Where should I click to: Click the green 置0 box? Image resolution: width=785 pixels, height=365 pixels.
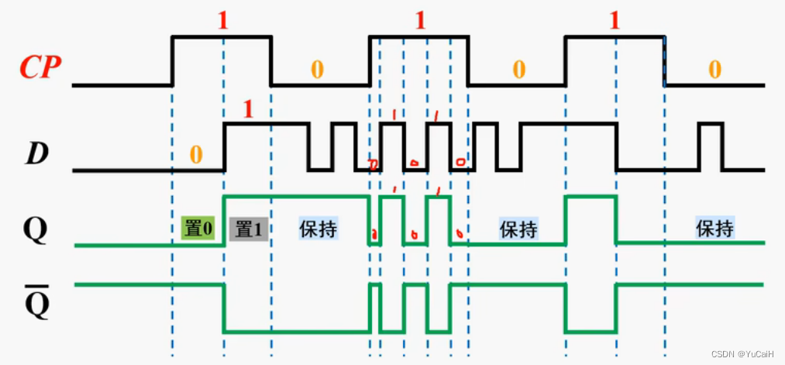tap(198, 229)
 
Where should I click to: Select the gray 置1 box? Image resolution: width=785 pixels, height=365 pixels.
tap(248, 229)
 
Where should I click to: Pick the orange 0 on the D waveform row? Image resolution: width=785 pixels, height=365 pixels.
tap(195, 155)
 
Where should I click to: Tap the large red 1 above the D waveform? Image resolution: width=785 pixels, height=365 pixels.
tap(248, 109)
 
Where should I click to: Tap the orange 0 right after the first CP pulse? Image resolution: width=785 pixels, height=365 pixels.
tap(317, 69)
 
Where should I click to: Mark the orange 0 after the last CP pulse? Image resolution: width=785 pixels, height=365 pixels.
tap(714, 69)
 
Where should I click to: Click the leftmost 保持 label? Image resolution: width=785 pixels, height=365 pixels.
tap(318, 229)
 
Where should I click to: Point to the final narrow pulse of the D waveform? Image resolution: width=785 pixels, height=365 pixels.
tap(711, 146)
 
